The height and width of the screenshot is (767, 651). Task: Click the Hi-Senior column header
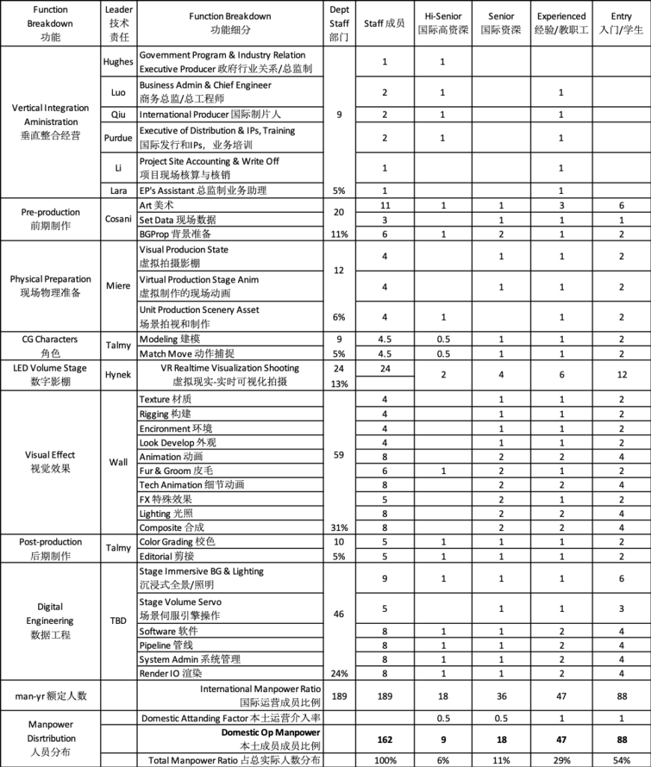pos(442,22)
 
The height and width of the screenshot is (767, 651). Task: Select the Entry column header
pos(621,22)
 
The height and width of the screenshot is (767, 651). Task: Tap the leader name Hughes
pos(118,62)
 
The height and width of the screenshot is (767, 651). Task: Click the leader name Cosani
pos(118,219)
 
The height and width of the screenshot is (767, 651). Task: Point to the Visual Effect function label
pos(49,461)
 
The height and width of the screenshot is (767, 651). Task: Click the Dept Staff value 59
pos(338,455)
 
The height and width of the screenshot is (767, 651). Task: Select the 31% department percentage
pos(338,527)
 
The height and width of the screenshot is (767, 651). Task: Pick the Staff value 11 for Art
pos(385,204)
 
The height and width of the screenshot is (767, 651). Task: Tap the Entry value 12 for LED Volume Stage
pos(621,375)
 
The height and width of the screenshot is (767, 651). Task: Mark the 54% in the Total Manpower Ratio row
pos(621,760)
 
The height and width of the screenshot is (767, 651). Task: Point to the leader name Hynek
pos(118,375)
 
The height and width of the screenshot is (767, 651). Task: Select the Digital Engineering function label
pos(49,621)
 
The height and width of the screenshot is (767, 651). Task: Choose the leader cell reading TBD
pos(118,621)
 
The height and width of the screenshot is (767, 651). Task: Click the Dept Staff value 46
pos(338,614)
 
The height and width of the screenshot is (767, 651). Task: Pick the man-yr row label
pos(49,695)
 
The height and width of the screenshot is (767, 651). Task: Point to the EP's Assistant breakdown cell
pos(203,191)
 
